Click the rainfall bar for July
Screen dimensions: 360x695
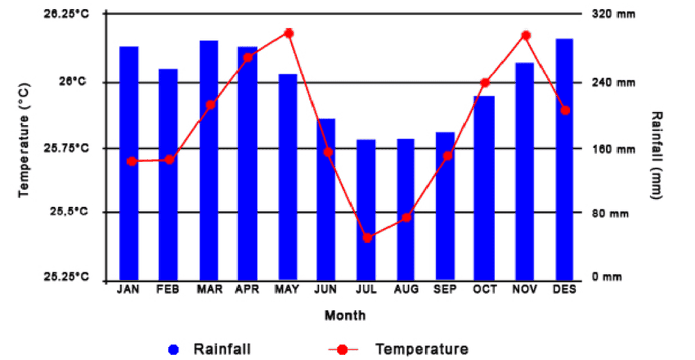[x=366, y=208]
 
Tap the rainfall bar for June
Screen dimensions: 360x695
[x=326, y=199]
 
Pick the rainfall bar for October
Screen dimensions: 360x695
[x=484, y=187]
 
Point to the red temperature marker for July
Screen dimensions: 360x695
[x=368, y=238]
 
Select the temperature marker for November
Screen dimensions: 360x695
[x=525, y=35]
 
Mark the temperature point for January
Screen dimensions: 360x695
[x=132, y=161]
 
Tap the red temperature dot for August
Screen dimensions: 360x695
[x=407, y=218]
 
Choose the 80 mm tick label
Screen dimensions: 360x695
[x=603, y=213]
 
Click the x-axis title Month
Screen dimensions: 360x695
[x=345, y=316]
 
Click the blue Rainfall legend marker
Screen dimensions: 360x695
[x=174, y=349]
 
